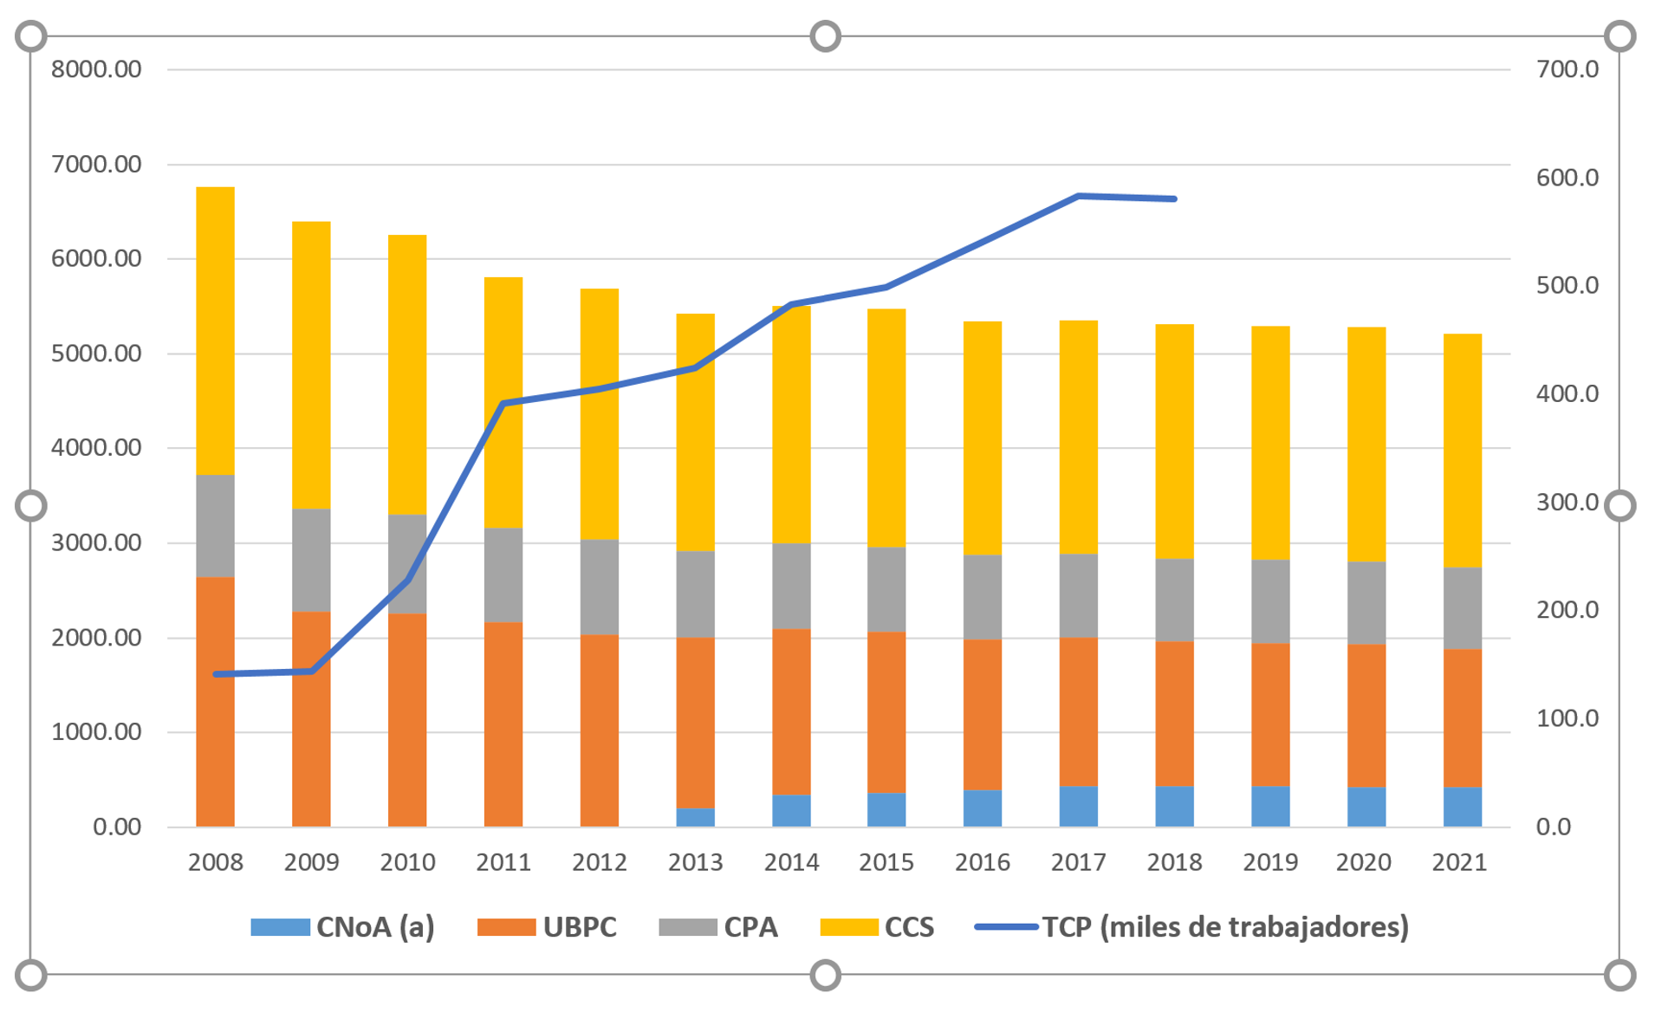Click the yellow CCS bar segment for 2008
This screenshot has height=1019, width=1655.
(215, 330)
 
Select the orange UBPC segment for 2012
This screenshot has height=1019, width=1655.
(599, 730)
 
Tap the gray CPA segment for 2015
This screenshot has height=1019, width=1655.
(886, 589)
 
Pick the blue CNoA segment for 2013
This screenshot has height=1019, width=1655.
(695, 817)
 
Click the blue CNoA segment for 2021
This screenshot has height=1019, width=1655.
(1462, 806)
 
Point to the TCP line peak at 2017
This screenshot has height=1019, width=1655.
(1078, 196)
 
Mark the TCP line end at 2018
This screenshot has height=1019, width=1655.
(1174, 199)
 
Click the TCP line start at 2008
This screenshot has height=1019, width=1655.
(215, 674)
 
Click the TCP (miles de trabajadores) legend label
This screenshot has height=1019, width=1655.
(1224, 927)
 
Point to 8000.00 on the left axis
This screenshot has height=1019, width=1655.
(96, 69)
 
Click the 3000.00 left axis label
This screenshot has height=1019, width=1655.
(96, 543)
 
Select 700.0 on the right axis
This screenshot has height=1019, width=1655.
(1567, 69)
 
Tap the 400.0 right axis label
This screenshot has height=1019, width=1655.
(1567, 394)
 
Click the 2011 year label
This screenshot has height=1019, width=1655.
(503, 862)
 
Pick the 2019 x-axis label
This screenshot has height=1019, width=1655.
(1269, 862)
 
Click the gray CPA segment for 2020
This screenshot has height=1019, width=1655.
(1366, 602)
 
